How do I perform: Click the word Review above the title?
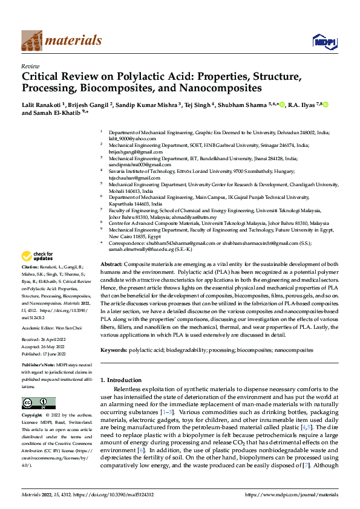(x=30, y=66)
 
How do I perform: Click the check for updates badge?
(x=38, y=256)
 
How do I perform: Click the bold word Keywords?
(x=113, y=350)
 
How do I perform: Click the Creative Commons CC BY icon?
(x=38, y=403)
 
